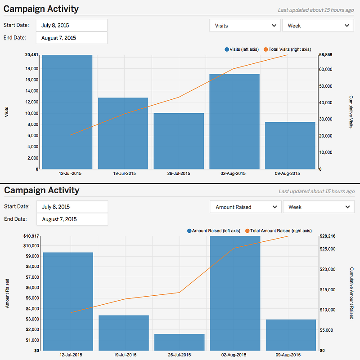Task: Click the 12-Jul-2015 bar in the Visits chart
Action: pyautogui.click(x=67, y=112)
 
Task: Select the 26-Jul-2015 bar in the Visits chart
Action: pyautogui.click(x=179, y=141)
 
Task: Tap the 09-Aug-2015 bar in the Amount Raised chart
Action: pyautogui.click(x=291, y=335)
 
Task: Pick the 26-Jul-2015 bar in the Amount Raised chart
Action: pyautogui.click(x=180, y=342)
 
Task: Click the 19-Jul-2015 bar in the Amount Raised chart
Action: pyautogui.click(x=124, y=333)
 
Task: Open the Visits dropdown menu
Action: pyautogui.click(x=245, y=26)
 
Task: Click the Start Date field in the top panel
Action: pyautogui.click(x=72, y=25)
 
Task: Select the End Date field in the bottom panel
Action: pyautogui.click(x=72, y=219)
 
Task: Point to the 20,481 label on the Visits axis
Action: pyautogui.click(x=31, y=55)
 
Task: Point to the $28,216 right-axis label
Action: pyautogui.click(x=327, y=236)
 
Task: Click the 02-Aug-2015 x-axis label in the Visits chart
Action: pyautogui.click(x=234, y=173)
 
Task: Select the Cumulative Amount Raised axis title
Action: pyautogui.click(x=351, y=293)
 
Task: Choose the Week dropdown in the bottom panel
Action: pyautogui.click(x=319, y=207)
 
